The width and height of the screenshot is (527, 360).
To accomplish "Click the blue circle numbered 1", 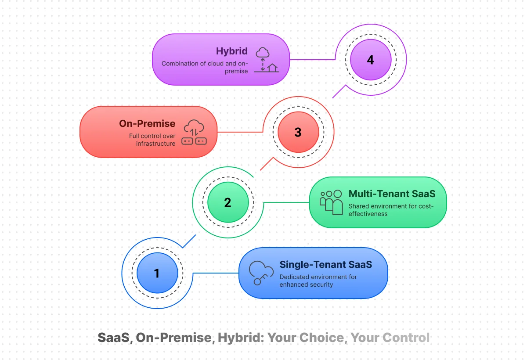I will [x=157, y=273].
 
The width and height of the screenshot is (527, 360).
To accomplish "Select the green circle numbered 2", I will [x=227, y=202].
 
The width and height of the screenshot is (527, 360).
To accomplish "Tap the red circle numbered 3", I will [x=298, y=132].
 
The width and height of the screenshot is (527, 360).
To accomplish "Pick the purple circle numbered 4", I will [x=370, y=60].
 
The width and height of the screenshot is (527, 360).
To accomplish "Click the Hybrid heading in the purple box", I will [x=231, y=51].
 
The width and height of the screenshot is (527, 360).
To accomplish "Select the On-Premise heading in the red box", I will [x=147, y=124].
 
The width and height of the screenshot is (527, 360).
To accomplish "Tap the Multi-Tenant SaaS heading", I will [x=392, y=194].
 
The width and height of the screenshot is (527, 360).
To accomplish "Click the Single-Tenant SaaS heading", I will [x=325, y=264].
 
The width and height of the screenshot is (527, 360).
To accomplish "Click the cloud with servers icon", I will [x=194, y=132].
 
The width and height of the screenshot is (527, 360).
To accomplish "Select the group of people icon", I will [x=332, y=202].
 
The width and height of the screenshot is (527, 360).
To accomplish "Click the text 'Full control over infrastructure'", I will [x=152, y=140].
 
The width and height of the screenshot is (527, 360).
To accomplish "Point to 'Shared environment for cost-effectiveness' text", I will [x=391, y=210].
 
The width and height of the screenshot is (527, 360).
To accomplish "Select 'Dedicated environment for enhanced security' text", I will [x=318, y=281].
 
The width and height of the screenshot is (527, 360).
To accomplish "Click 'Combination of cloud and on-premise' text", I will [x=205, y=67].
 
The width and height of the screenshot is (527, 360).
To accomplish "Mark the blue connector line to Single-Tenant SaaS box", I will [x=215, y=273].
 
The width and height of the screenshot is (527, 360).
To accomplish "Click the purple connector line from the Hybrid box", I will [x=312, y=60].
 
